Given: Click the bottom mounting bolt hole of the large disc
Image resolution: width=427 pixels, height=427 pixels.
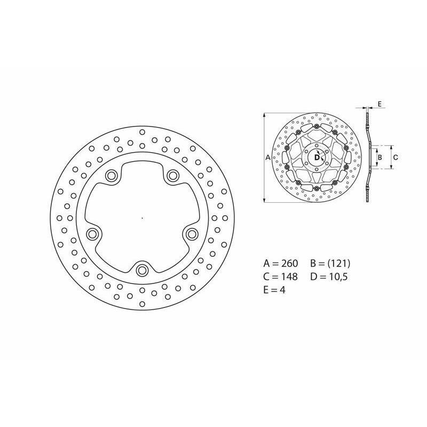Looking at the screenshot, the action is click(141, 270).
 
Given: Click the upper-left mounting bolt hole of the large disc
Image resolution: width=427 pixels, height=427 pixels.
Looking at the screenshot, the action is click(111, 176).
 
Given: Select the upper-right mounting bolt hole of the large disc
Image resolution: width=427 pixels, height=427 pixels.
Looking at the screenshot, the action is click(172, 175).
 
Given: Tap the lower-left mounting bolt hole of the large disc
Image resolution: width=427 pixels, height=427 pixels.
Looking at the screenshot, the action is click(92, 233).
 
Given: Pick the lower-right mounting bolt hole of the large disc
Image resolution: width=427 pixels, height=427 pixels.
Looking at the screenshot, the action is click(192, 233).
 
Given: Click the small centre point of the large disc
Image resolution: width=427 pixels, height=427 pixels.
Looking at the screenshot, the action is click(142, 218).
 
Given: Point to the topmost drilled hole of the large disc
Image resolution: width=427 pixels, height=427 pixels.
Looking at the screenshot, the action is click(142, 132).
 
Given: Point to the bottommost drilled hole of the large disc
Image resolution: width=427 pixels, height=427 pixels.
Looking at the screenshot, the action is click(142, 304).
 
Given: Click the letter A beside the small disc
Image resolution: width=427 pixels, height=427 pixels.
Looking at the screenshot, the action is click(268, 157).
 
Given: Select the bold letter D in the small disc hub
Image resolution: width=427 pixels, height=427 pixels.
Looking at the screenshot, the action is click(317, 157).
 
